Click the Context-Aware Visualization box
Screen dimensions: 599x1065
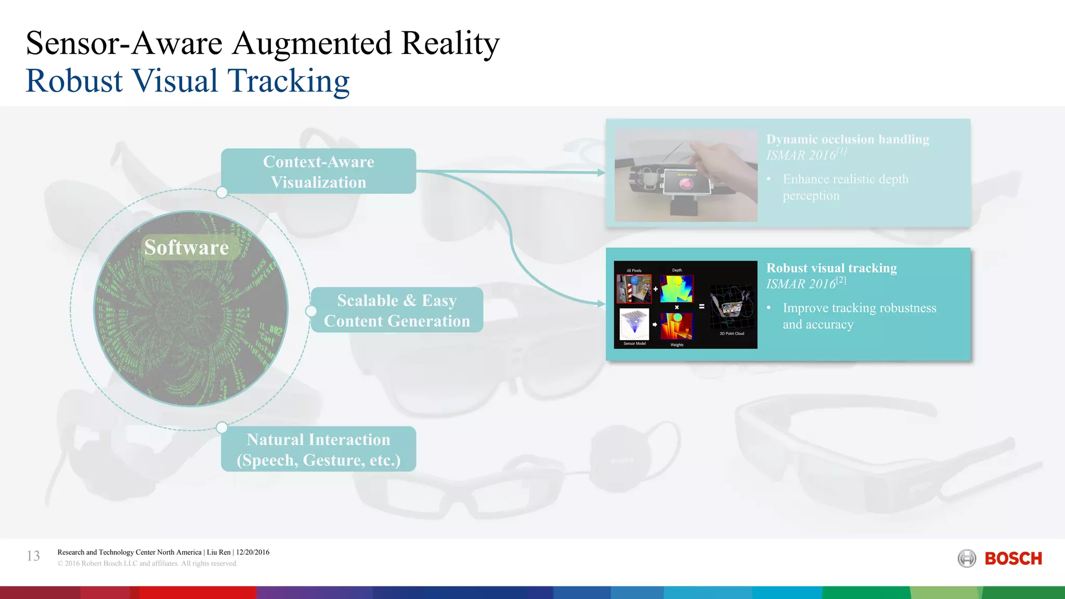tap(318, 172)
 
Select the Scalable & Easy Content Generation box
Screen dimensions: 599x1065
tap(397, 310)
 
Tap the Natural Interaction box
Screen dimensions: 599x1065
tap(318, 449)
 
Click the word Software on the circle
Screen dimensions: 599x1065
tap(187, 248)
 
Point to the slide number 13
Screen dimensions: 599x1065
tap(33, 556)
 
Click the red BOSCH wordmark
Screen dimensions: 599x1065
tap(1013, 559)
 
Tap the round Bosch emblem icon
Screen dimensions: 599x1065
tap(967, 559)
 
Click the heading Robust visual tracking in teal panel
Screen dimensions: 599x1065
tap(831, 268)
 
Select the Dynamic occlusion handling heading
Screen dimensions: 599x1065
tap(848, 139)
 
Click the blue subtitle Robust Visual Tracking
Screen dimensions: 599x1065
tap(187, 81)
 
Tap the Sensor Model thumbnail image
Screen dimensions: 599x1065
tap(634, 324)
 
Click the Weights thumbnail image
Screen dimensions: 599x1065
tap(677, 326)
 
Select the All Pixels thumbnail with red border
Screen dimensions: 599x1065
tap(634, 289)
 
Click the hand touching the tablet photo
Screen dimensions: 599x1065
tap(686, 175)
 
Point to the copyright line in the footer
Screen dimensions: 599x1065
tap(147, 564)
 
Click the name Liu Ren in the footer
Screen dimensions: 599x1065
tap(218, 552)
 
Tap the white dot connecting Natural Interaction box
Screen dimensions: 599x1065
tap(222, 427)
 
